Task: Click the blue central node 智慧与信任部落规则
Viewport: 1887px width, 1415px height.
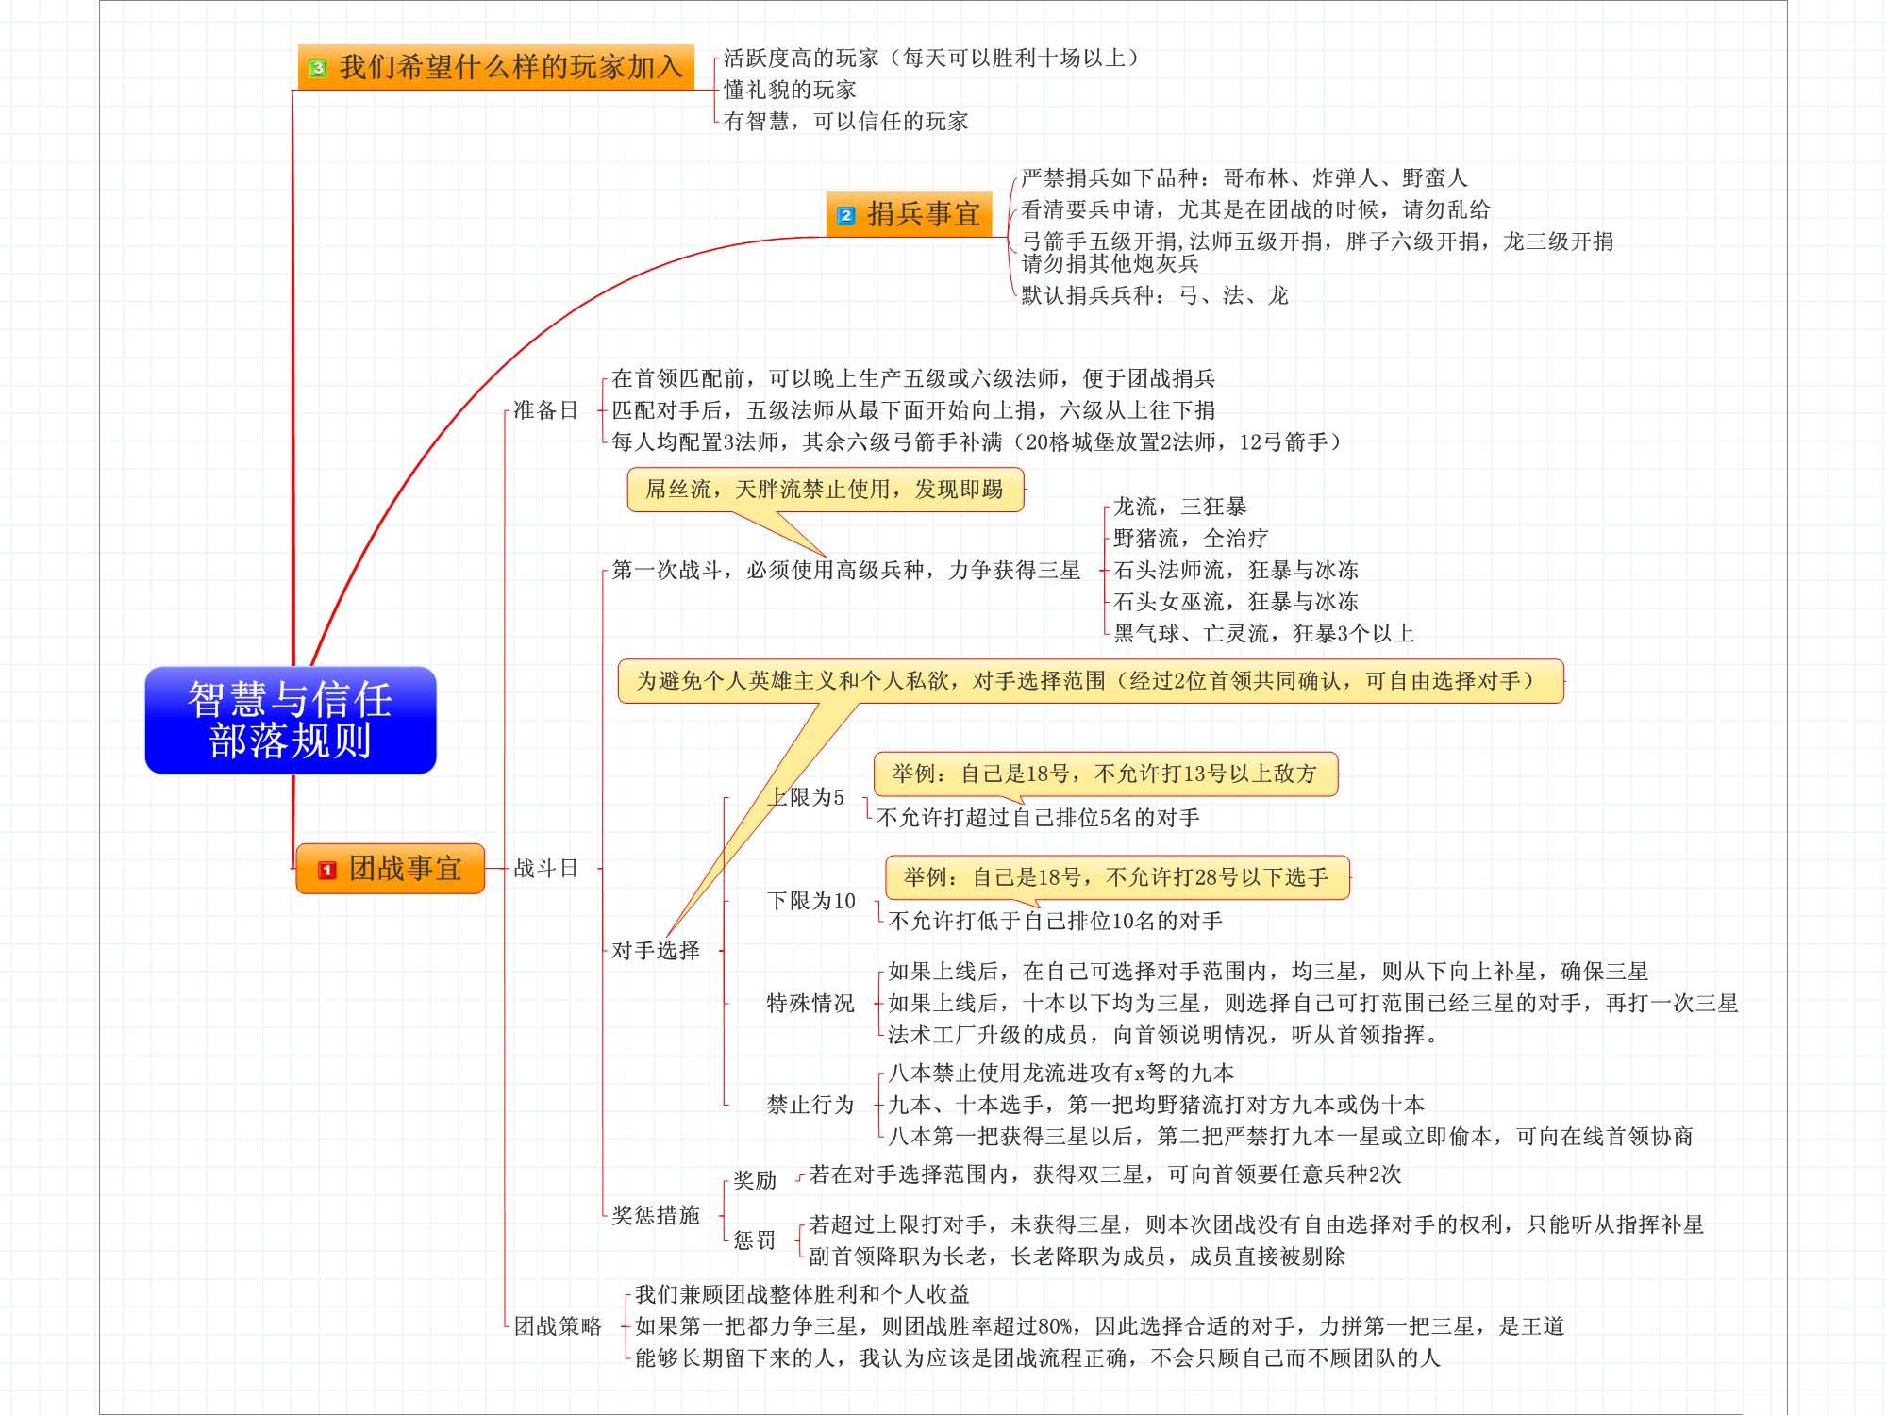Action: click(x=291, y=720)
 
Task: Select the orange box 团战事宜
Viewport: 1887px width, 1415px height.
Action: click(x=390, y=868)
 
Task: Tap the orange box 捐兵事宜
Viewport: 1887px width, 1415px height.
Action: click(x=909, y=214)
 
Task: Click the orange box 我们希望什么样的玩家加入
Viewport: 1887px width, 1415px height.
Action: click(x=496, y=67)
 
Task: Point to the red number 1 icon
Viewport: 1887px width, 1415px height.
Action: click(x=326, y=870)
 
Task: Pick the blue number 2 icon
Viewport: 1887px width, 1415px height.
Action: click(x=846, y=215)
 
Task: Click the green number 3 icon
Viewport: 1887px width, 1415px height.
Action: click(x=318, y=68)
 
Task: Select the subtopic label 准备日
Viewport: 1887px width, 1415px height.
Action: click(x=545, y=410)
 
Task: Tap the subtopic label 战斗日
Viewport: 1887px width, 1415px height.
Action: click(x=545, y=868)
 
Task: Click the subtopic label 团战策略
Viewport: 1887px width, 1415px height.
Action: click(x=558, y=1326)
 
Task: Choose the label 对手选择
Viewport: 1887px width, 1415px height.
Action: click(x=656, y=950)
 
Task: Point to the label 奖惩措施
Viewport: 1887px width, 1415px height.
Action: click(x=656, y=1215)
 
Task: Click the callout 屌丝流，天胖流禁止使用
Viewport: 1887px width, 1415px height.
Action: click(x=825, y=490)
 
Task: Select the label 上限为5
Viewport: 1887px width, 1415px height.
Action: click(x=807, y=797)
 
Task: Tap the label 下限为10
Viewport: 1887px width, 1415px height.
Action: click(x=811, y=901)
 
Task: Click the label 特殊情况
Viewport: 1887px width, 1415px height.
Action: click(x=810, y=1003)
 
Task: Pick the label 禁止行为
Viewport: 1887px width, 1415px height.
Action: click(x=810, y=1105)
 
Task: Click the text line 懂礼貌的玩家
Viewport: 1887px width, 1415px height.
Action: click(x=790, y=90)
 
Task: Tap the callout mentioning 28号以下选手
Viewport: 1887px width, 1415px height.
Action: click(x=1117, y=877)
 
